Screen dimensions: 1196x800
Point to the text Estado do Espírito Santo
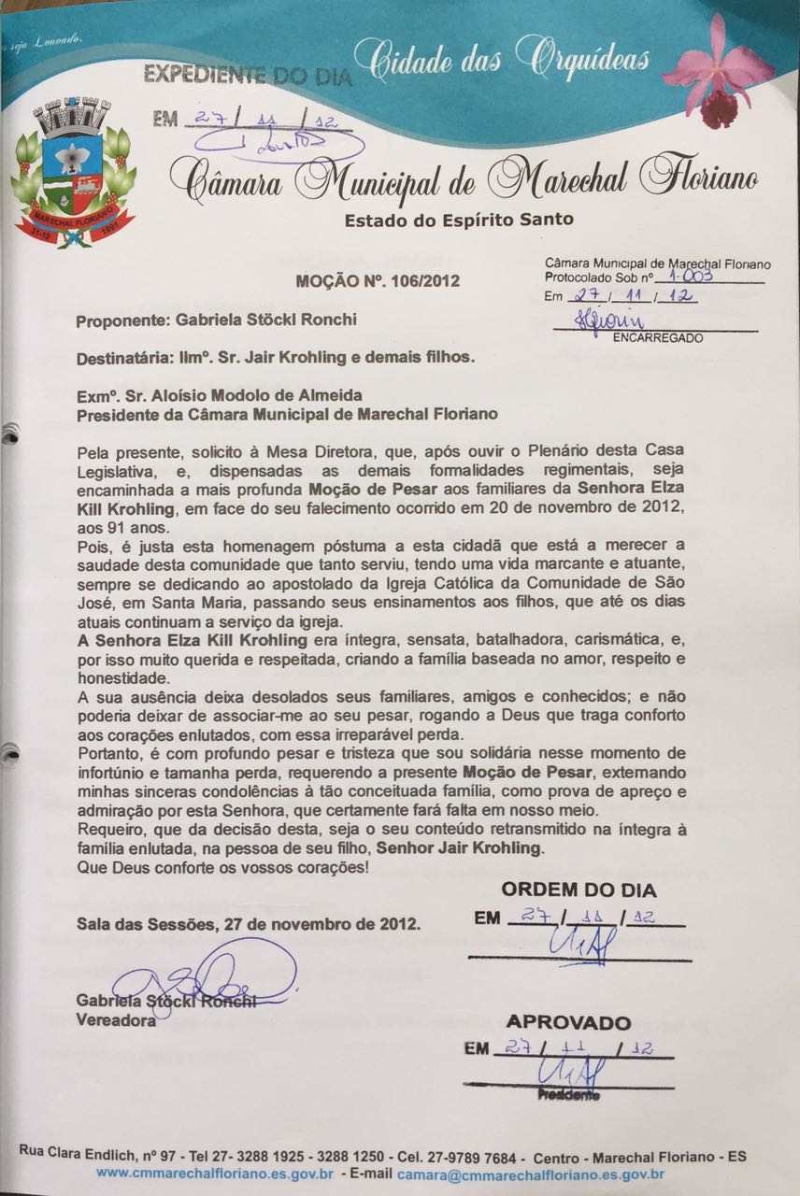tap(459, 221)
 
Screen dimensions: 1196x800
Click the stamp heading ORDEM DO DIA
tap(579, 890)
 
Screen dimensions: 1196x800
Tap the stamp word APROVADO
tap(568, 1022)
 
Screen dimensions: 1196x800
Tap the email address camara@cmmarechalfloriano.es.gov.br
tap(531, 1174)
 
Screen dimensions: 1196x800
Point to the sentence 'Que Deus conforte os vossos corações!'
tap(222, 868)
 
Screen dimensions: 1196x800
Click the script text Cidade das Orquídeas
tap(510, 61)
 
